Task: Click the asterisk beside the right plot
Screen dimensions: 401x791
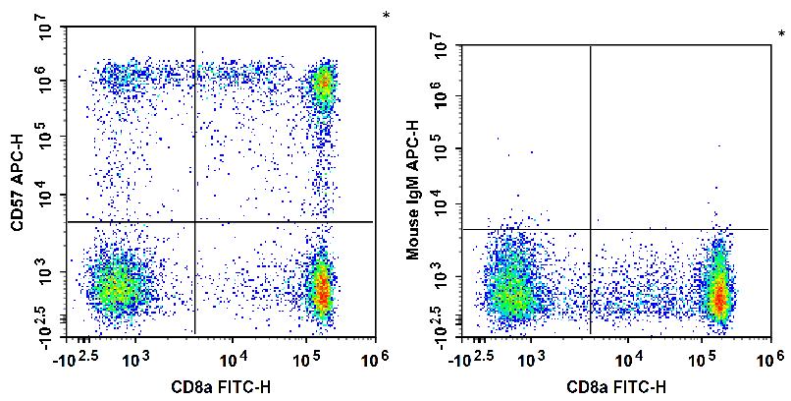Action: pos(781,34)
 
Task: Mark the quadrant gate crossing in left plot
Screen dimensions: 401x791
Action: pos(195,222)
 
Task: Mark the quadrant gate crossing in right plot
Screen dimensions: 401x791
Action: pos(590,229)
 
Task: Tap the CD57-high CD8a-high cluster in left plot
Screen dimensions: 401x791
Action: pos(323,85)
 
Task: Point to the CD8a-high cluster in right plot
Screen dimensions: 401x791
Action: pos(719,293)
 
